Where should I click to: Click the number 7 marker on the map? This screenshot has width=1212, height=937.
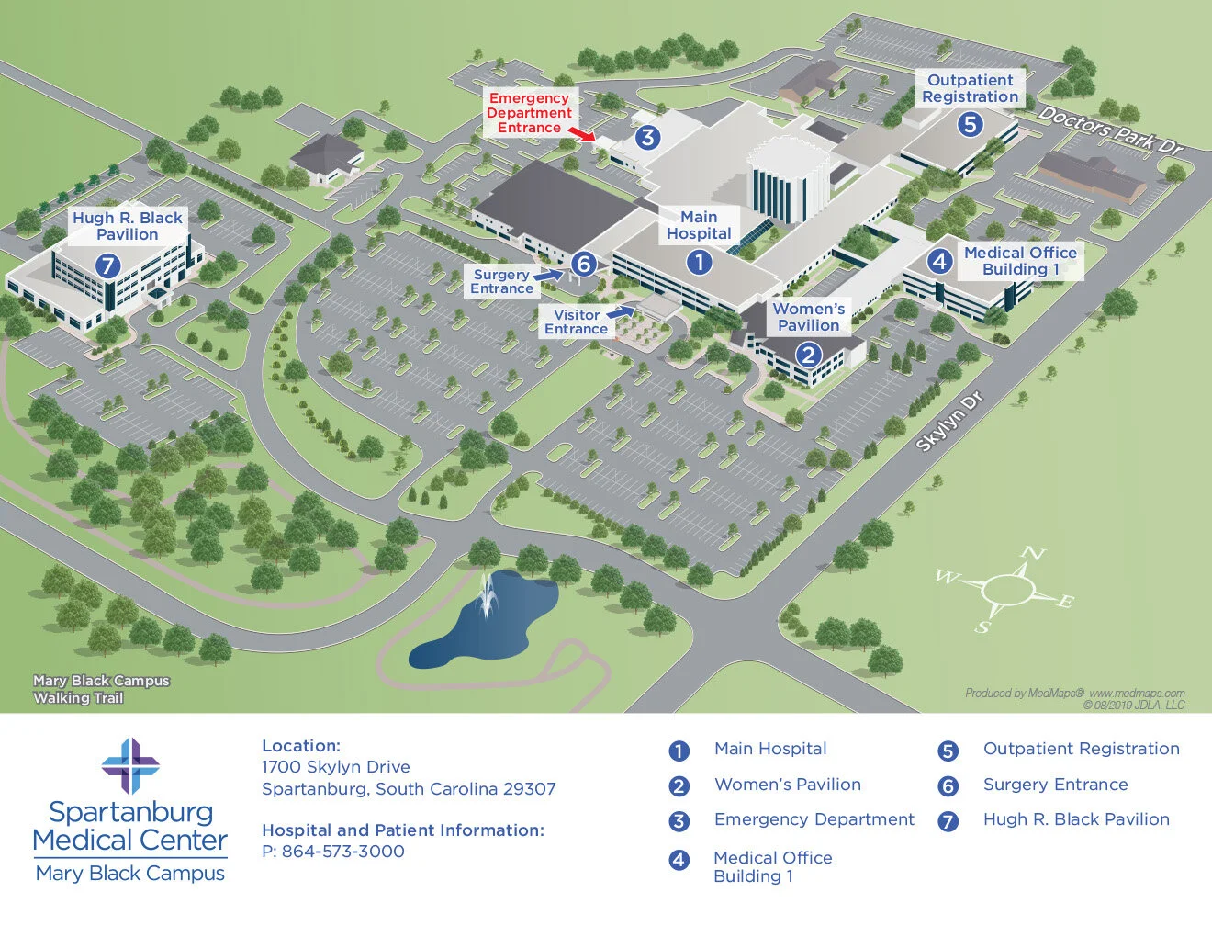[107, 265]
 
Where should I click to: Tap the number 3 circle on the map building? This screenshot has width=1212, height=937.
[648, 138]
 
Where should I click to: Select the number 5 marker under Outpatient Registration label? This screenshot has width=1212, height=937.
[971, 124]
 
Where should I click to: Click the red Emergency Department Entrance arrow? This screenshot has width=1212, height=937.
[580, 134]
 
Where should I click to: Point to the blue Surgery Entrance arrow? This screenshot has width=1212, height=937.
[548, 273]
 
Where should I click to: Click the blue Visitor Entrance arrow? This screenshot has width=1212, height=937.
[621, 311]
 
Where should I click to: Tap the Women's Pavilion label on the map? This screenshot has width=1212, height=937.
[808, 317]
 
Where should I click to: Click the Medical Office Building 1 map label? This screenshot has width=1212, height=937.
[1020, 261]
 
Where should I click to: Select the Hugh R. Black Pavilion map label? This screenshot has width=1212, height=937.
[128, 226]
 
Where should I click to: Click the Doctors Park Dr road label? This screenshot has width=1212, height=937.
[1111, 130]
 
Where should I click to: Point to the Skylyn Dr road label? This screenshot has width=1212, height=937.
[949, 422]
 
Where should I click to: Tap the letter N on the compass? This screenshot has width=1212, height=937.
[1034, 553]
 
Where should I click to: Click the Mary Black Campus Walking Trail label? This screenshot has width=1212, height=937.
[101, 689]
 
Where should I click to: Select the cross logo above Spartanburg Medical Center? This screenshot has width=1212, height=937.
[130, 766]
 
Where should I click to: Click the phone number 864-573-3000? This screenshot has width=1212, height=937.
[342, 852]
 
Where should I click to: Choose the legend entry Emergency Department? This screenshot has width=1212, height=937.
[814, 819]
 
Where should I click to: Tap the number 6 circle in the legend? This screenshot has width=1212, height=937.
[948, 786]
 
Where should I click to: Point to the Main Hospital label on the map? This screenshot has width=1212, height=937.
[699, 225]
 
